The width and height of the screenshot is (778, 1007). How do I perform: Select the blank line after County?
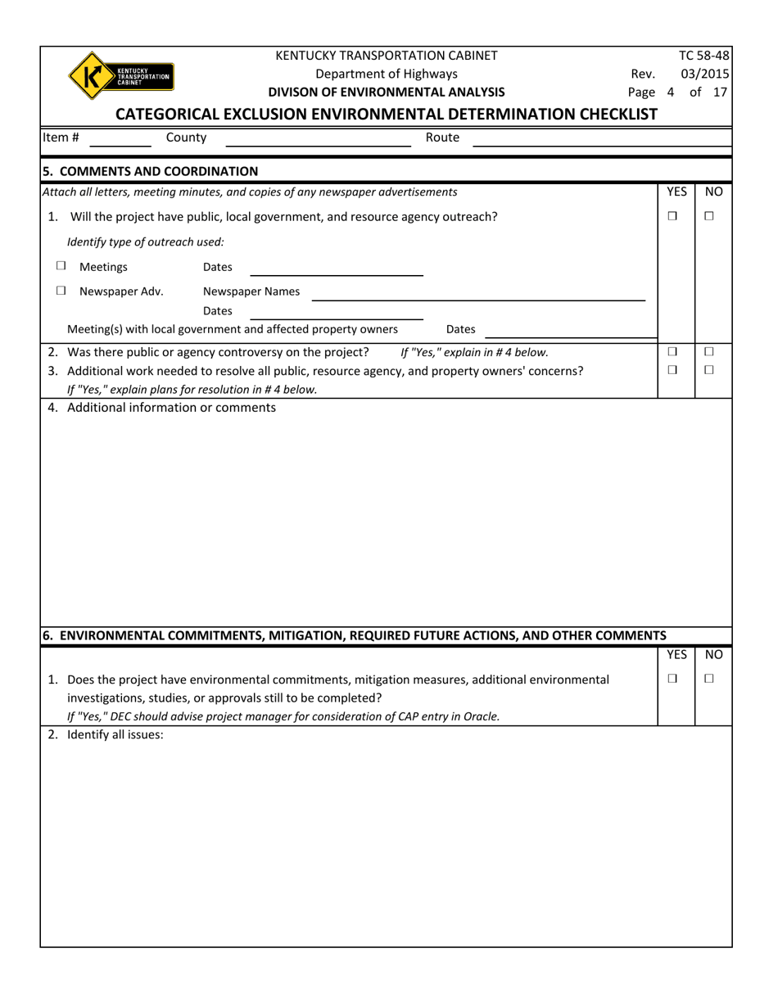[x=318, y=139]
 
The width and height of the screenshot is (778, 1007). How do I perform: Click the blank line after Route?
[x=602, y=139]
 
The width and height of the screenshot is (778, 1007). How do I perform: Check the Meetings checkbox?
[x=61, y=266]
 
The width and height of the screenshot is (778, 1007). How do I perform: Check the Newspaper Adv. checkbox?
[x=61, y=291]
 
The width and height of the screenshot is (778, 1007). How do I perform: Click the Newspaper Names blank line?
[x=477, y=293]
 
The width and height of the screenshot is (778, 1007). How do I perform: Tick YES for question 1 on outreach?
[x=672, y=216]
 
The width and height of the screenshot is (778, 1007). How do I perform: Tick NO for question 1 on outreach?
[x=709, y=216]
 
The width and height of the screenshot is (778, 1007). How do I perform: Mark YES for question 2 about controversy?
[x=672, y=352]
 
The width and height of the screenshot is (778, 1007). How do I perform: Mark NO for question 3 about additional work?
[x=709, y=370]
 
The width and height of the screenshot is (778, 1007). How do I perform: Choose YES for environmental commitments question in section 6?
[x=672, y=679]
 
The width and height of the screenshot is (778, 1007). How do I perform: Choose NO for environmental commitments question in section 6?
[x=709, y=679]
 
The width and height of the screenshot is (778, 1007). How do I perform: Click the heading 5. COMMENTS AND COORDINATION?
[x=150, y=171]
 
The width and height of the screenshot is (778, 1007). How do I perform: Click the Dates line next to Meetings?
[x=336, y=269]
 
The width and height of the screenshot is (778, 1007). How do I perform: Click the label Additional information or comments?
[x=171, y=407]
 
